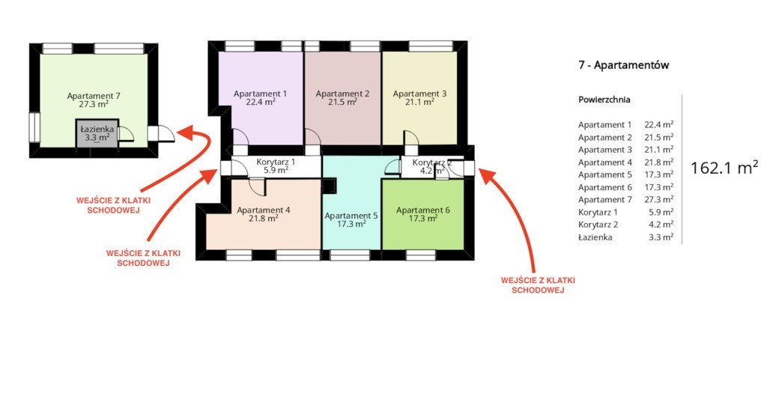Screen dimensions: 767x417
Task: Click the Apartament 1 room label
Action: pyautogui.click(x=260, y=94)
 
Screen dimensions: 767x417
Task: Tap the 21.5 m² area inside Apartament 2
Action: pyautogui.click(x=342, y=102)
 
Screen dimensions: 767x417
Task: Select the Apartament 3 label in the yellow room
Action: pyautogui.click(x=419, y=94)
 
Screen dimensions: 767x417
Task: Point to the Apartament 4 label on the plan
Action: pyautogui.click(x=263, y=210)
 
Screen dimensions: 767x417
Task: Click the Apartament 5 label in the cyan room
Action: pyautogui.click(x=351, y=216)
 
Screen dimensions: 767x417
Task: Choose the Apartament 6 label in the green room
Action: pyautogui.click(x=422, y=210)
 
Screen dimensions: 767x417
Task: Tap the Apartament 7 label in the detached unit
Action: pyautogui.click(x=94, y=96)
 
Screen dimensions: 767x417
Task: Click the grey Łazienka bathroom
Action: pyautogui.click(x=97, y=133)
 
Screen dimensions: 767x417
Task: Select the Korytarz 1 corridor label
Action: pyautogui.click(x=276, y=162)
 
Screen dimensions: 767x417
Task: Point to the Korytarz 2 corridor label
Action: pyautogui.click(x=431, y=162)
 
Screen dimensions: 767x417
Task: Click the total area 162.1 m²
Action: pyautogui.click(x=724, y=168)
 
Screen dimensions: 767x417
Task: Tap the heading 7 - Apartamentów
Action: pyautogui.click(x=623, y=65)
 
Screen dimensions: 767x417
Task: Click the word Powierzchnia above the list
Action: pyautogui.click(x=604, y=100)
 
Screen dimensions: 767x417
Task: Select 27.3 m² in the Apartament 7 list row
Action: pyautogui.click(x=658, y=199)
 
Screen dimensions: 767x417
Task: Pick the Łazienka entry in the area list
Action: pyautogui.click(x=595, y=237)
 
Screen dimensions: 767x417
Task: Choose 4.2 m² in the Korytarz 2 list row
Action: pyautogui.click(x=661, y=225)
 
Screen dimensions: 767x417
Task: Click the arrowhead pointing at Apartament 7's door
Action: pyautogui.click(x=185, y=132)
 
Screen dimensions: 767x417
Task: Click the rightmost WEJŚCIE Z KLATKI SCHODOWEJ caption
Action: pyautogui.click(x=538, y=285)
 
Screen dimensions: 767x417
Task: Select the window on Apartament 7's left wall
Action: pyautogui.click(x=34, y=127)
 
